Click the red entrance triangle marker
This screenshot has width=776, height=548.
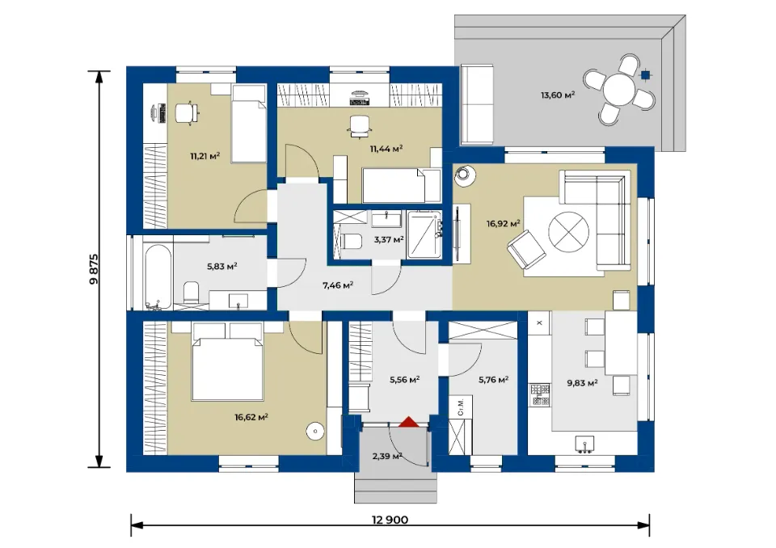409,421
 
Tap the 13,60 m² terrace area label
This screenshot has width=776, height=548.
558,95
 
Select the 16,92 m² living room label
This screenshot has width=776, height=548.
503,224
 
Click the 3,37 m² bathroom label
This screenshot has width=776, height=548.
389,239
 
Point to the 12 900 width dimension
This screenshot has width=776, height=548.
390,520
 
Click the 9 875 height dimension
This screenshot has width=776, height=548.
94,269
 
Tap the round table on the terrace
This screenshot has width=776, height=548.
619,89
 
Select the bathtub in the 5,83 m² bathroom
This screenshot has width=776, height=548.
158,276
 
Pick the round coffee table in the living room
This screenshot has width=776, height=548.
568,232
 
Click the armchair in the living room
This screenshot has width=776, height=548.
526,250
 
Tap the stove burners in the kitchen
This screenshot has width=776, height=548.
540,394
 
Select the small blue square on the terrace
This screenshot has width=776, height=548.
645,75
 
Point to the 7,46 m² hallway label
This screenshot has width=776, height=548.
338,285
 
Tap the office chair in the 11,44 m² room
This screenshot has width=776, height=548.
359,125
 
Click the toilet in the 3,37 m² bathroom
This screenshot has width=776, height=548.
349,241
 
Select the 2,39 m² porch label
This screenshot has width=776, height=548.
387,456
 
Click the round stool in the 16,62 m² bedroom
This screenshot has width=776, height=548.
314,431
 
